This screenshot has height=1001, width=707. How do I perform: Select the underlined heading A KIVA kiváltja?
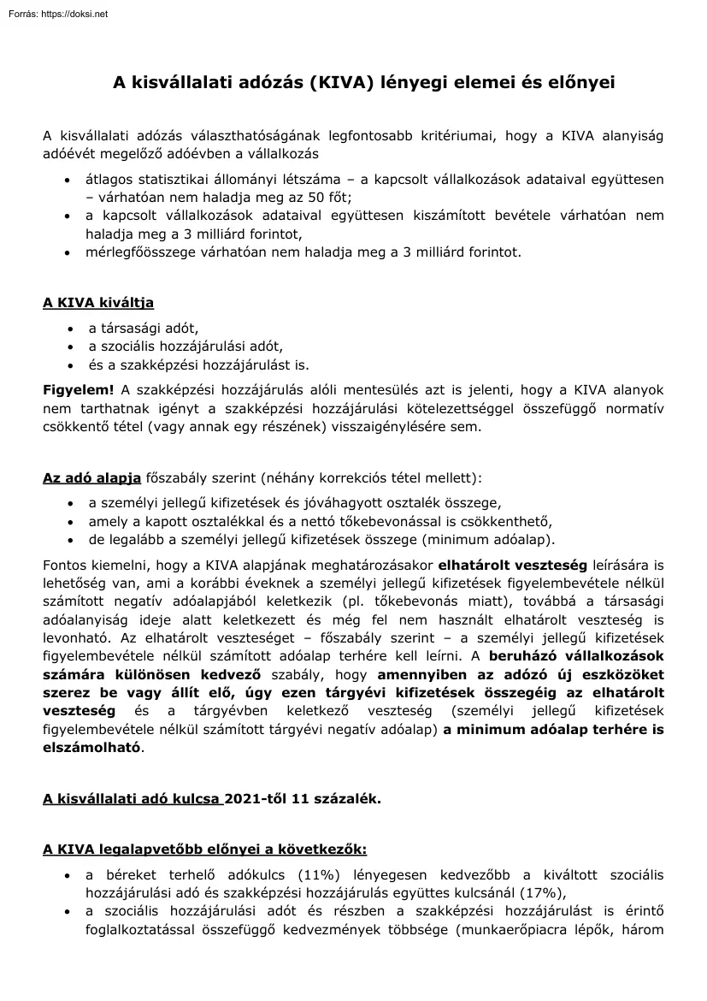coord(98,303)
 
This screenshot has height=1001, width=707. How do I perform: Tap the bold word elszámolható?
coord(91,747)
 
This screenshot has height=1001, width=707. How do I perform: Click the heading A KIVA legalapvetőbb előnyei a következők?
coord(205,850)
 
